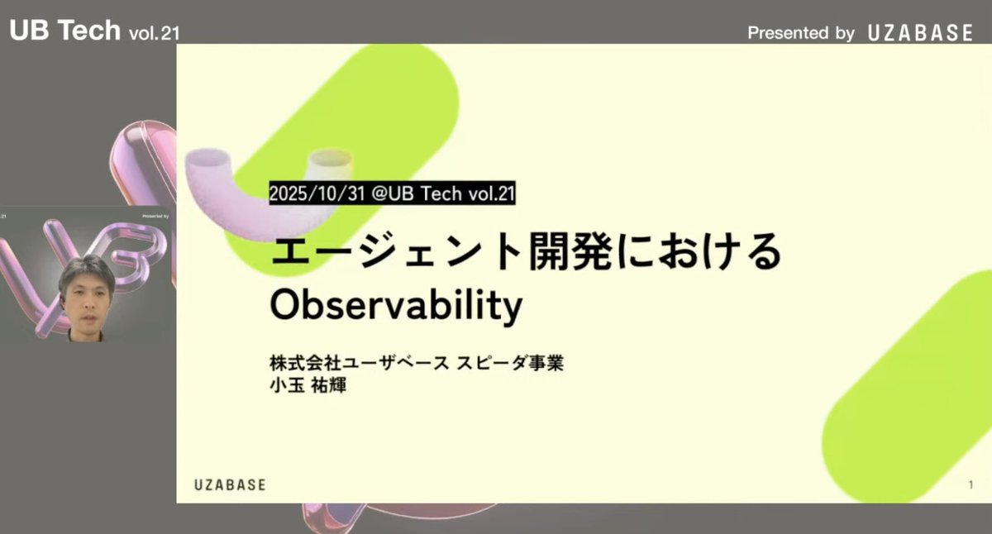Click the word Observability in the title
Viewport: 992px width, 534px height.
pos(397,307)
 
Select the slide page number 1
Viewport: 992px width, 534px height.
pos(971,484)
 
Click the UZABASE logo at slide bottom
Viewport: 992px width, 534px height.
pos(231,484)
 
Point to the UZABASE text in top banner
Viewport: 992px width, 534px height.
pos(920,33)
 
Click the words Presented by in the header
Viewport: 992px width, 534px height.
pos(800,33)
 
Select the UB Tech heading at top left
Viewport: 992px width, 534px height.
pos(64,30)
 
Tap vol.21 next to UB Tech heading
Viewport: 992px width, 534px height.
pos(155,33)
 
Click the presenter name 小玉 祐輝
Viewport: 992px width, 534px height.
pos(307,385)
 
